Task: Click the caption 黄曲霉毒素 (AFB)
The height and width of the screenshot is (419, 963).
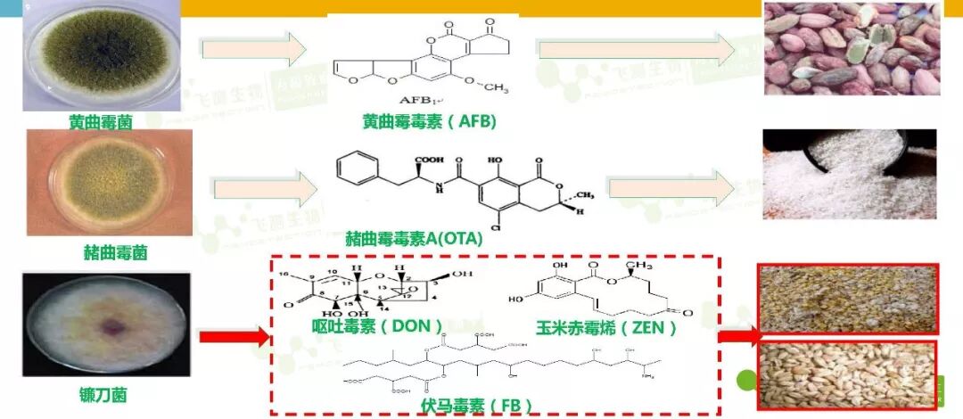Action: pyautogui.click(x=430, y=120)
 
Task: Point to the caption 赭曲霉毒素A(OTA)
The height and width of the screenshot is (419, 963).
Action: pyautogui.click(x=414, y=238)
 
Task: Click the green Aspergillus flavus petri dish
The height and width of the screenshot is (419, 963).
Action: pyautogui.click(x=100, y=55)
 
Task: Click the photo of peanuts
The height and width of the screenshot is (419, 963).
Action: pyautogui.click(x=852, y=49)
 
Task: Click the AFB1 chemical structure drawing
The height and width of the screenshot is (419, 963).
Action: pyautogui.click(x=423, y=62)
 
